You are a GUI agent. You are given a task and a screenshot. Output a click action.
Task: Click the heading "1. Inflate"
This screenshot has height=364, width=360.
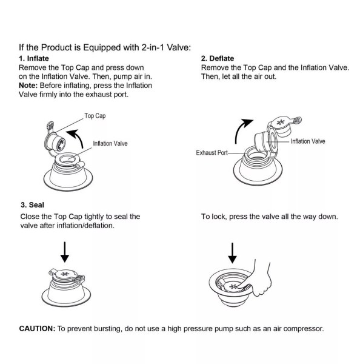[34, 58]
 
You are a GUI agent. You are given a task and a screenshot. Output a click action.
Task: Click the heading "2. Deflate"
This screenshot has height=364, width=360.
[218, 58]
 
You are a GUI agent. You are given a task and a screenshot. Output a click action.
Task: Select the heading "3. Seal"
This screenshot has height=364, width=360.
[32, 205]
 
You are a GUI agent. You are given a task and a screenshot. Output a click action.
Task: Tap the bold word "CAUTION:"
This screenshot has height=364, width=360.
[37, 329]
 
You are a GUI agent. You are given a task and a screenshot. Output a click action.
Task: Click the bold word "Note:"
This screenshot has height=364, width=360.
[28, 86]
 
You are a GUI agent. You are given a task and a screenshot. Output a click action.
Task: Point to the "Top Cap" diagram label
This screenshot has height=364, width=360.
[95, 116]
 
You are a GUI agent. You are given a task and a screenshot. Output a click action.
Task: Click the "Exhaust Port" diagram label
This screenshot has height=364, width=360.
[212, 152]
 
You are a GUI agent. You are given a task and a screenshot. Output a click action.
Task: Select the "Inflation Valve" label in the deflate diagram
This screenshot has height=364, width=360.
[308, 141]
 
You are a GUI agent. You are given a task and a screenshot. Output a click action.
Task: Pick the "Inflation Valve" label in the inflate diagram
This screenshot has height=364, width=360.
[110, 143]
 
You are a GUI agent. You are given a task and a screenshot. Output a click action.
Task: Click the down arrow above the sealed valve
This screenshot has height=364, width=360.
[65, 252]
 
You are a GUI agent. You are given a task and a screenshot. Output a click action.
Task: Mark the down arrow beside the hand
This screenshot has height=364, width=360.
[232, 253]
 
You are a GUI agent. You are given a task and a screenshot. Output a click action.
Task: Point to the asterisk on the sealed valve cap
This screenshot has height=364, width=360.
[65, 274]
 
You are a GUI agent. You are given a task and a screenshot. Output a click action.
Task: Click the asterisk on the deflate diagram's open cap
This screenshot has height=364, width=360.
[281, 122]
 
